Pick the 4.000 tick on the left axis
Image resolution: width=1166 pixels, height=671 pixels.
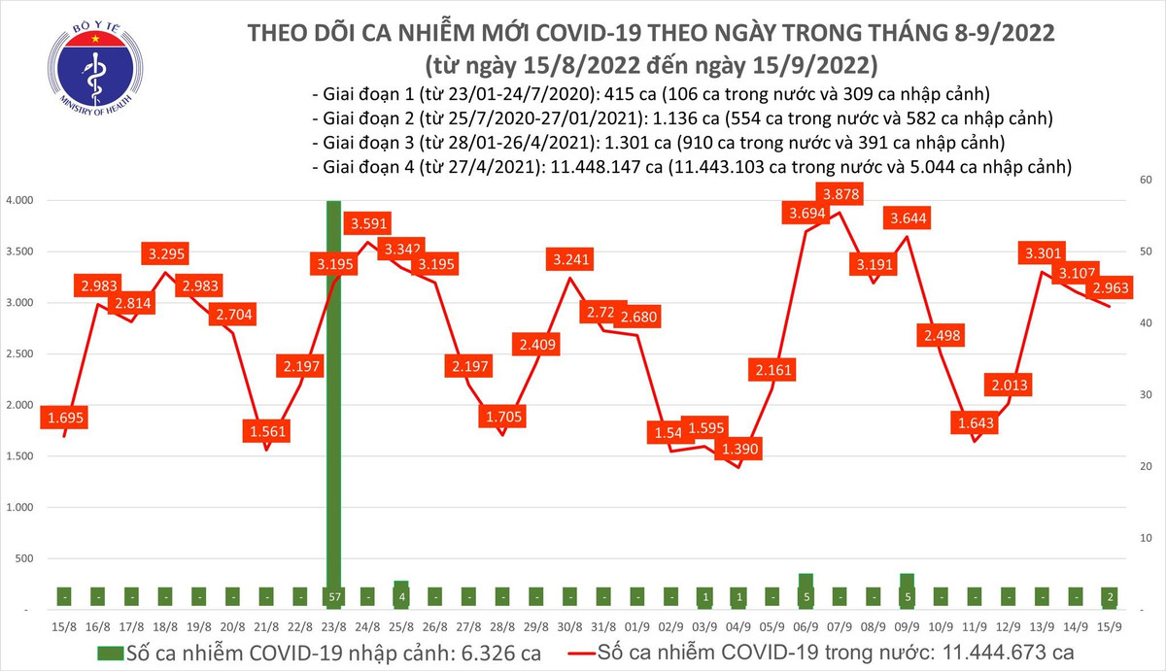coord(20,200)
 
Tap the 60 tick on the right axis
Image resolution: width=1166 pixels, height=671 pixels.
coord(1145,181)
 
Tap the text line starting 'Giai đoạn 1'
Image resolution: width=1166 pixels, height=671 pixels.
coord(650,94)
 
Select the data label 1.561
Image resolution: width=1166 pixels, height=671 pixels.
coord(265,430)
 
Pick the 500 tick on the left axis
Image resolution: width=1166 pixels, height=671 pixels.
coord(23,558)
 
